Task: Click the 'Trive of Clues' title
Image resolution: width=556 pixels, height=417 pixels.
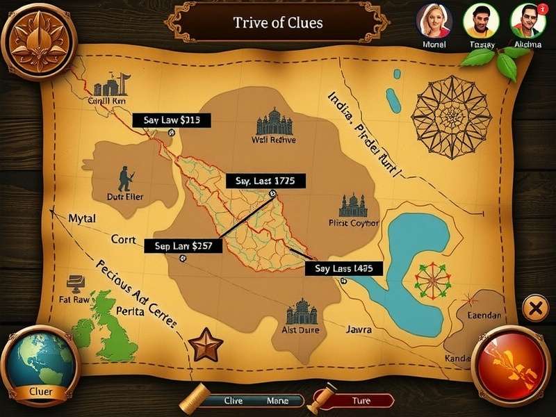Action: [278, 22]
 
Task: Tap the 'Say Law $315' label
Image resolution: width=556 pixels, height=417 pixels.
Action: [172, 120]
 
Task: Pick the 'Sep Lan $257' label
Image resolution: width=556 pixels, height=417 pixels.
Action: [183, 245]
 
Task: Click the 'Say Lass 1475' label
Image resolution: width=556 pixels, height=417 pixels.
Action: [344, 268]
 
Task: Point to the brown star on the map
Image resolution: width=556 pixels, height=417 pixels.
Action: [207, 344]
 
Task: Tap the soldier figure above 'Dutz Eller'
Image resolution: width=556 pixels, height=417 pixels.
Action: [125, 179]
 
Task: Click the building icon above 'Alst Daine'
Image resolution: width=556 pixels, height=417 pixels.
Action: [301, 312]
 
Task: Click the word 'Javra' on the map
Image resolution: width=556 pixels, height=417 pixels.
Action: [358, 329]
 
